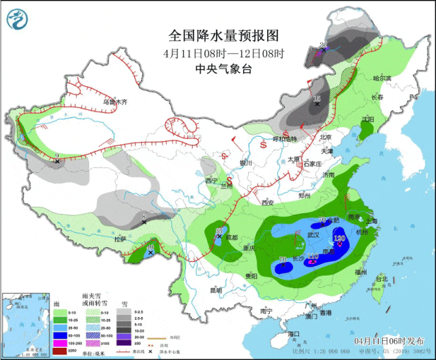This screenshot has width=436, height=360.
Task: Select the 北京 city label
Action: (x=325, y=137)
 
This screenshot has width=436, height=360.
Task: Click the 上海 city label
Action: (x=371, y=220)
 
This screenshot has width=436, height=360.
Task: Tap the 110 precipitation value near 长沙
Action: (x=313, y=257)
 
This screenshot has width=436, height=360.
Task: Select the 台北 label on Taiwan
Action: (x=382, y=279)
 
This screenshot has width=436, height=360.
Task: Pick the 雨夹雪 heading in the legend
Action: (x=92, y=297)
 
